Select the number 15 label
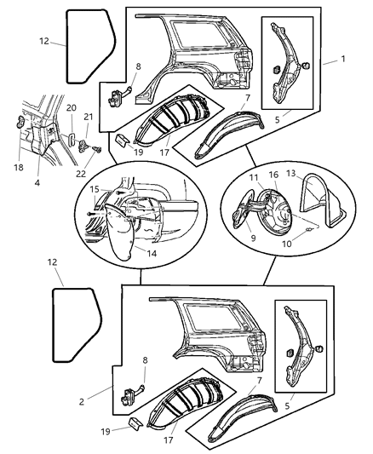coord(95,189)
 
